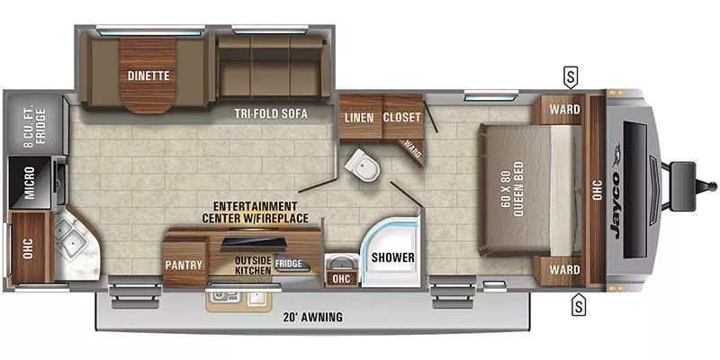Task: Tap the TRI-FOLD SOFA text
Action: tap(270, 114)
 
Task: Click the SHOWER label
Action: tap(393, 257)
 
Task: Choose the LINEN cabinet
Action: tap(359, 117)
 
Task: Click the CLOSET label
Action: tap(401, 117)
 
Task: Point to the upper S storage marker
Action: tap(571, 75)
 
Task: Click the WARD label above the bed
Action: tap(564, 110)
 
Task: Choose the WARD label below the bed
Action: tap(564, 269)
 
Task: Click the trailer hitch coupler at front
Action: tap(684, 175)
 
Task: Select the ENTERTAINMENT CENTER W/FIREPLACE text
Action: tap(256, 212)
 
